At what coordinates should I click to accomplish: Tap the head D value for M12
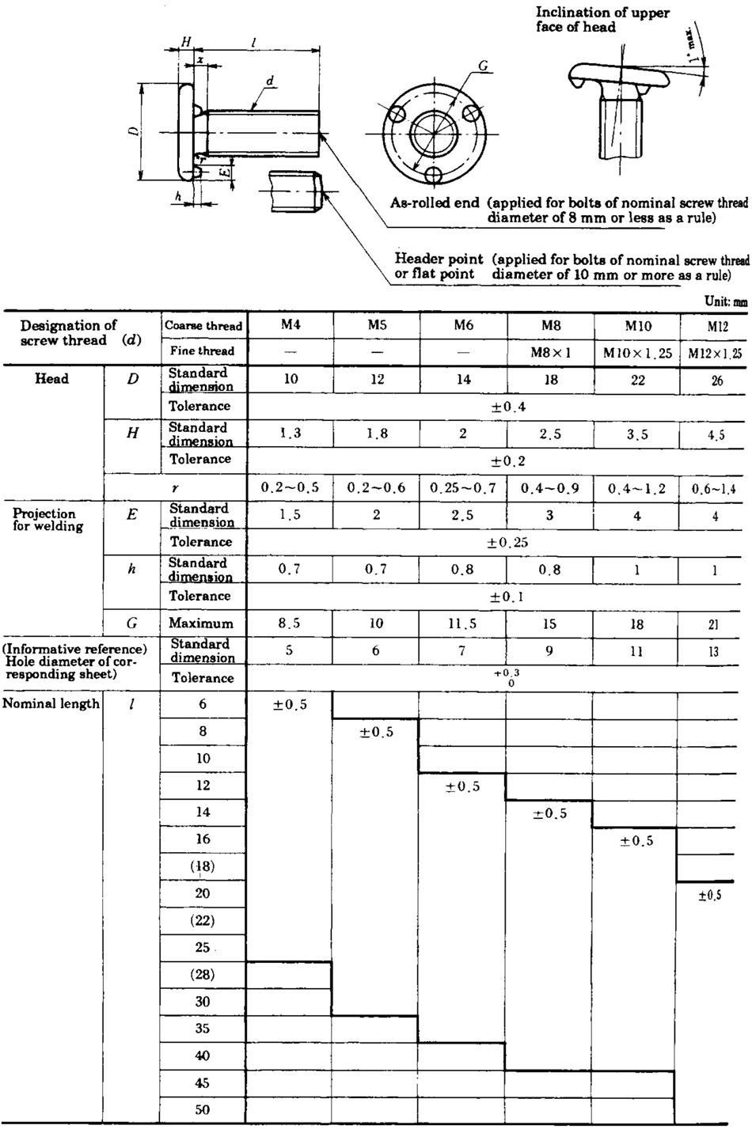(x=716, y=380)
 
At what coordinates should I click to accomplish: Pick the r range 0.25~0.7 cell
(x=463, y=487)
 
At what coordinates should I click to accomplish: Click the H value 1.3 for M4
(x=291, y=433)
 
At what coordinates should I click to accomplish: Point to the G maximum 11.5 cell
(x=463, y=623)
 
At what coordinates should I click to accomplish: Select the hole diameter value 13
(x=715, y=651)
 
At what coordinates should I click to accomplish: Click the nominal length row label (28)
(x=203, y=975)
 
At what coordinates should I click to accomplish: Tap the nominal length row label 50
(x=203, y=1109)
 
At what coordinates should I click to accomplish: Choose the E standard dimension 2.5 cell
(x=463, y=515)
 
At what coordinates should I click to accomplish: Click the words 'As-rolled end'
(x=435, y=203)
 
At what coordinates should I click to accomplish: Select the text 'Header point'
(x=439, y=260)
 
